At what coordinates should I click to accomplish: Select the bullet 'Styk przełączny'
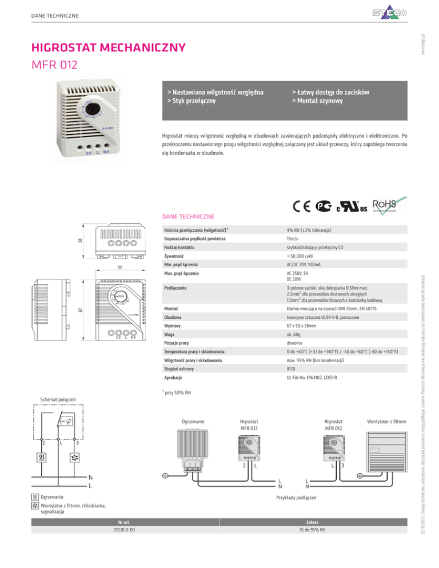[x=194, y=102]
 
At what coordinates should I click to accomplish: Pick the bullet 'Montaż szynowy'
[x=317, y=102]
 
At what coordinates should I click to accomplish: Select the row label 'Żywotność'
[x=174, y=257]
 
